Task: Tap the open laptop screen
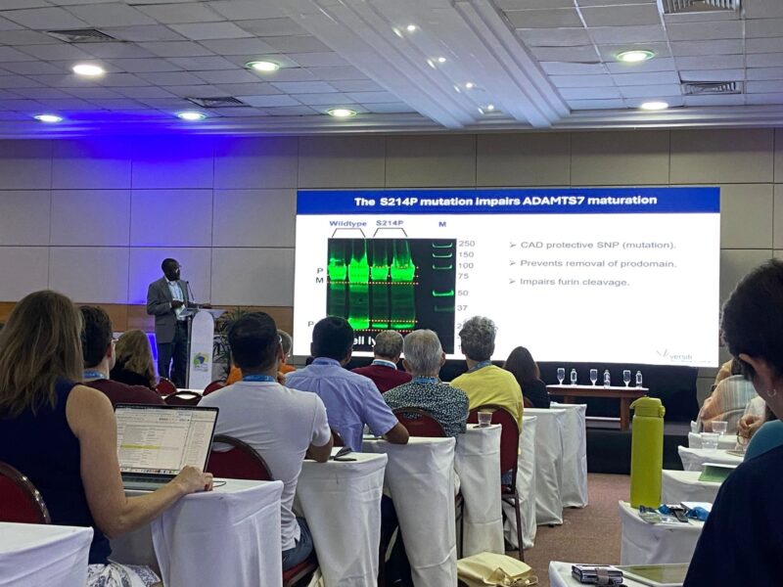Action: [x=164, y=439]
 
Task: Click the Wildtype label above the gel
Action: [x=347, y=224]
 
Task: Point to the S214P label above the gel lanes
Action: [x=390, y=224]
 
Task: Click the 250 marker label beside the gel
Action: [x=466, y=244]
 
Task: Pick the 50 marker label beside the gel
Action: [x=464, y=293]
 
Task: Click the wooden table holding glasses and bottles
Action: [x=597, y=392]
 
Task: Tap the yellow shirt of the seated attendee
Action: [x=486, y=386]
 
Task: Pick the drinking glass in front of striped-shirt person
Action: [x=484, y=418]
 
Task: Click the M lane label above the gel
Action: [x=441, y=224]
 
